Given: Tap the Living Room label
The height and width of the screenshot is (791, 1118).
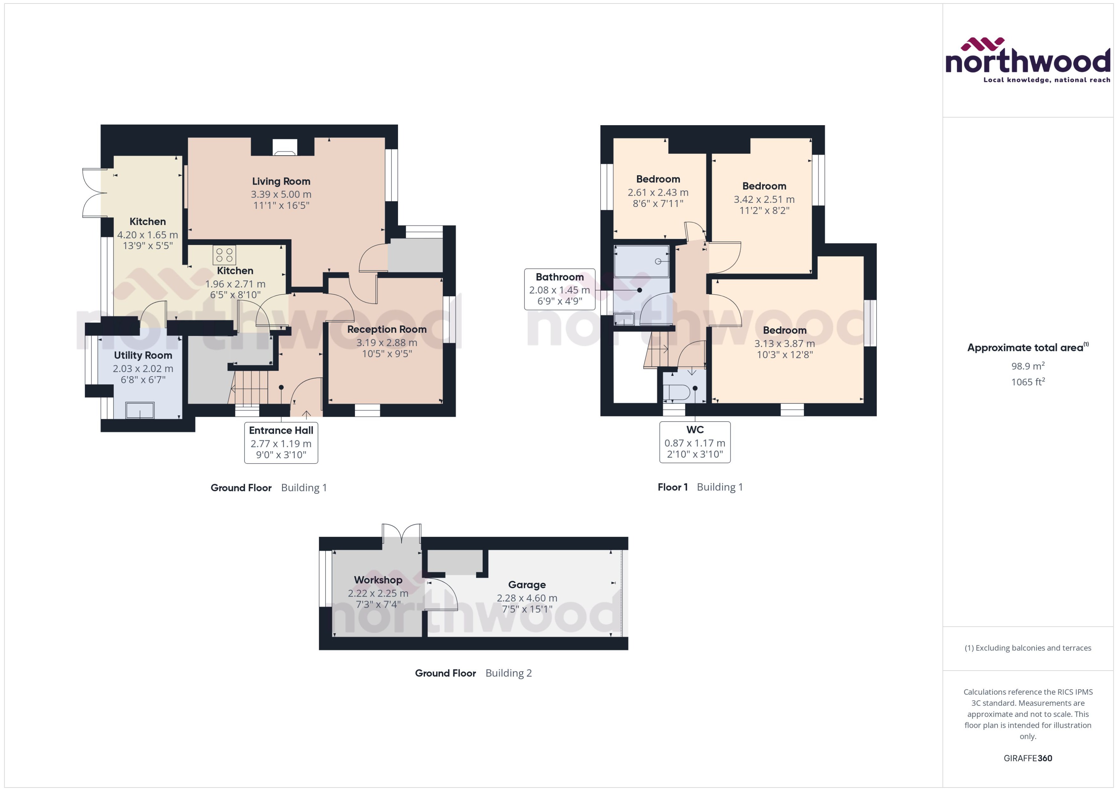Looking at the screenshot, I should click(281, 181).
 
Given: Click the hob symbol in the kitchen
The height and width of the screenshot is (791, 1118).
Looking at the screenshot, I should click(224, 255).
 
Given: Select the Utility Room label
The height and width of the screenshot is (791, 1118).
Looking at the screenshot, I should click(143, 355).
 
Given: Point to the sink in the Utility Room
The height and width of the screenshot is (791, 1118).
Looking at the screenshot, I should click(140, 410).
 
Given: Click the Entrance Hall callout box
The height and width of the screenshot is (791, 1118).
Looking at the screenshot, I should click(281, 442).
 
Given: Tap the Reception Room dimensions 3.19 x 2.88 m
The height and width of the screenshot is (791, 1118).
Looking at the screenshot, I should click(386, 342).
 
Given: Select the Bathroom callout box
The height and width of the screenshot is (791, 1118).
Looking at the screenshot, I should click(559, 289).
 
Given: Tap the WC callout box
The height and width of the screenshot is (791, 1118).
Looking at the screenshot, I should click(695, 442).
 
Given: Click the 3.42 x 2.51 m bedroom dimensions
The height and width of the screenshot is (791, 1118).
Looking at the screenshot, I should click(764, 199).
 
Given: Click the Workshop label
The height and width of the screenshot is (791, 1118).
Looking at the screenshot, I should click(378, 580).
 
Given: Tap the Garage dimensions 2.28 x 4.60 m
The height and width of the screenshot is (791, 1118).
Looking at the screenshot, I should click(527, 597).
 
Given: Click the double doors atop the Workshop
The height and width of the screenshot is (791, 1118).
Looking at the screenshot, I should click(402, 533).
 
